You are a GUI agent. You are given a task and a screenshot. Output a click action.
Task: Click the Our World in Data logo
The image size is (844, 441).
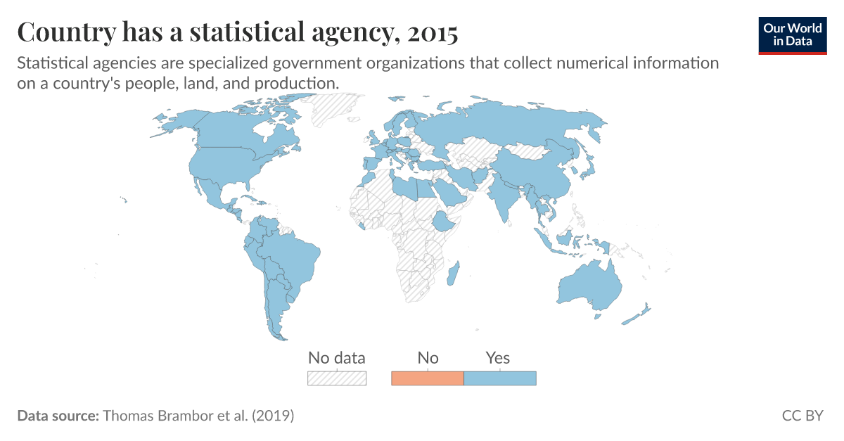(x=793, y=34)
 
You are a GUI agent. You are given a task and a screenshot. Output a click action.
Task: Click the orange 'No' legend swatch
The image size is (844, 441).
(x=427, y=378)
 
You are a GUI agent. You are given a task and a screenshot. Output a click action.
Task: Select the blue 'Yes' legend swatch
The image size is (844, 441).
(x=500, y=378)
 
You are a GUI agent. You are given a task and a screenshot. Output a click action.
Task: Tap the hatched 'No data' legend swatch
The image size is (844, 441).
(x=337, y=378)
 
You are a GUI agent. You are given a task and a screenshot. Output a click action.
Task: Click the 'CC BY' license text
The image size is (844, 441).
(x=803, y=416)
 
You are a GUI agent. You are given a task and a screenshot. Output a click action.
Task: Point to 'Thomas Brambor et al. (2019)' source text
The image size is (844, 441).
(x=198, y=416)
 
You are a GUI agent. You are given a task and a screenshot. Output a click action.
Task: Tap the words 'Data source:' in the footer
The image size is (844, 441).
(x=58, y=416)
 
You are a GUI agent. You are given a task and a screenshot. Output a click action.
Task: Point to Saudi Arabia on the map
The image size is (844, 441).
(x=448, y=191)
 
